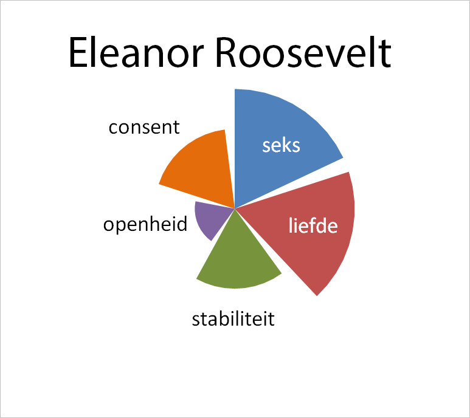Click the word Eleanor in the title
(136, 52)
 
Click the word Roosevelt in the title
(303, 52)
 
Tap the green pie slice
(237, 264)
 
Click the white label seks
(281, 146)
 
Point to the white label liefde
(313, 225)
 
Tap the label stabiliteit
(233, 319)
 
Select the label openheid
(145, 224)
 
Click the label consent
(144, 128)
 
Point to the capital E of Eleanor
(78, 52)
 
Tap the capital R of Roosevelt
(227, 52)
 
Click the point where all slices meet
(235, 208)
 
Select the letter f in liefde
(307, 225)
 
